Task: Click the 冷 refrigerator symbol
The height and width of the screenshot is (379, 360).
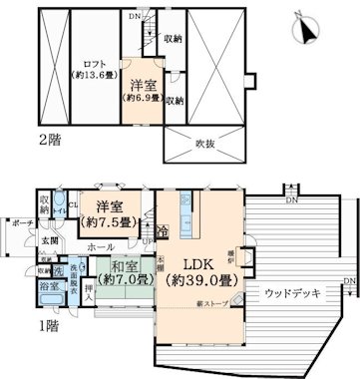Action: [163, 230]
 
